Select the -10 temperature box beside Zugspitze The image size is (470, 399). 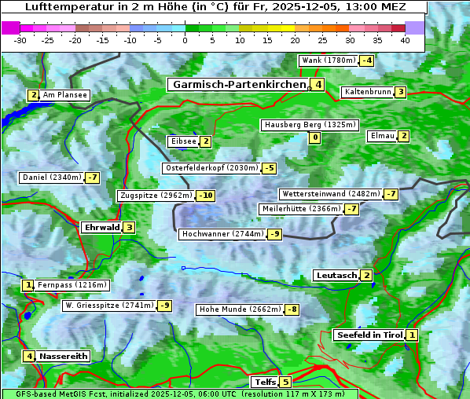click(205, 196)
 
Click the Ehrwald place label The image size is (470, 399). click(101, 228)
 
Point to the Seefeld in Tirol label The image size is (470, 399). click(369, 335)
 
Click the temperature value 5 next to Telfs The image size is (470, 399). click(285, 383)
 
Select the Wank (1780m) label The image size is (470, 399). click(328, 60)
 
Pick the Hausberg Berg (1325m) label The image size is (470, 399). click(310, 125)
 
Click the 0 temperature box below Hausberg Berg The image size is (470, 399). click(314, 138)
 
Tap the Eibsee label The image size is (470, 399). click(182, 141)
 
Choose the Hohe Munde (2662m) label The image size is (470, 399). click(239, 309)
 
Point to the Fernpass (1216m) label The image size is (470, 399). click(72, 285)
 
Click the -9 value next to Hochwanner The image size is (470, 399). click(274, 234)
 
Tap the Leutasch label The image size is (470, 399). click(336, 275)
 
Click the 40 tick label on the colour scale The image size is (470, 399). click(405, 40)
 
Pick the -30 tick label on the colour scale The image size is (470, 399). click(20, 40)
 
